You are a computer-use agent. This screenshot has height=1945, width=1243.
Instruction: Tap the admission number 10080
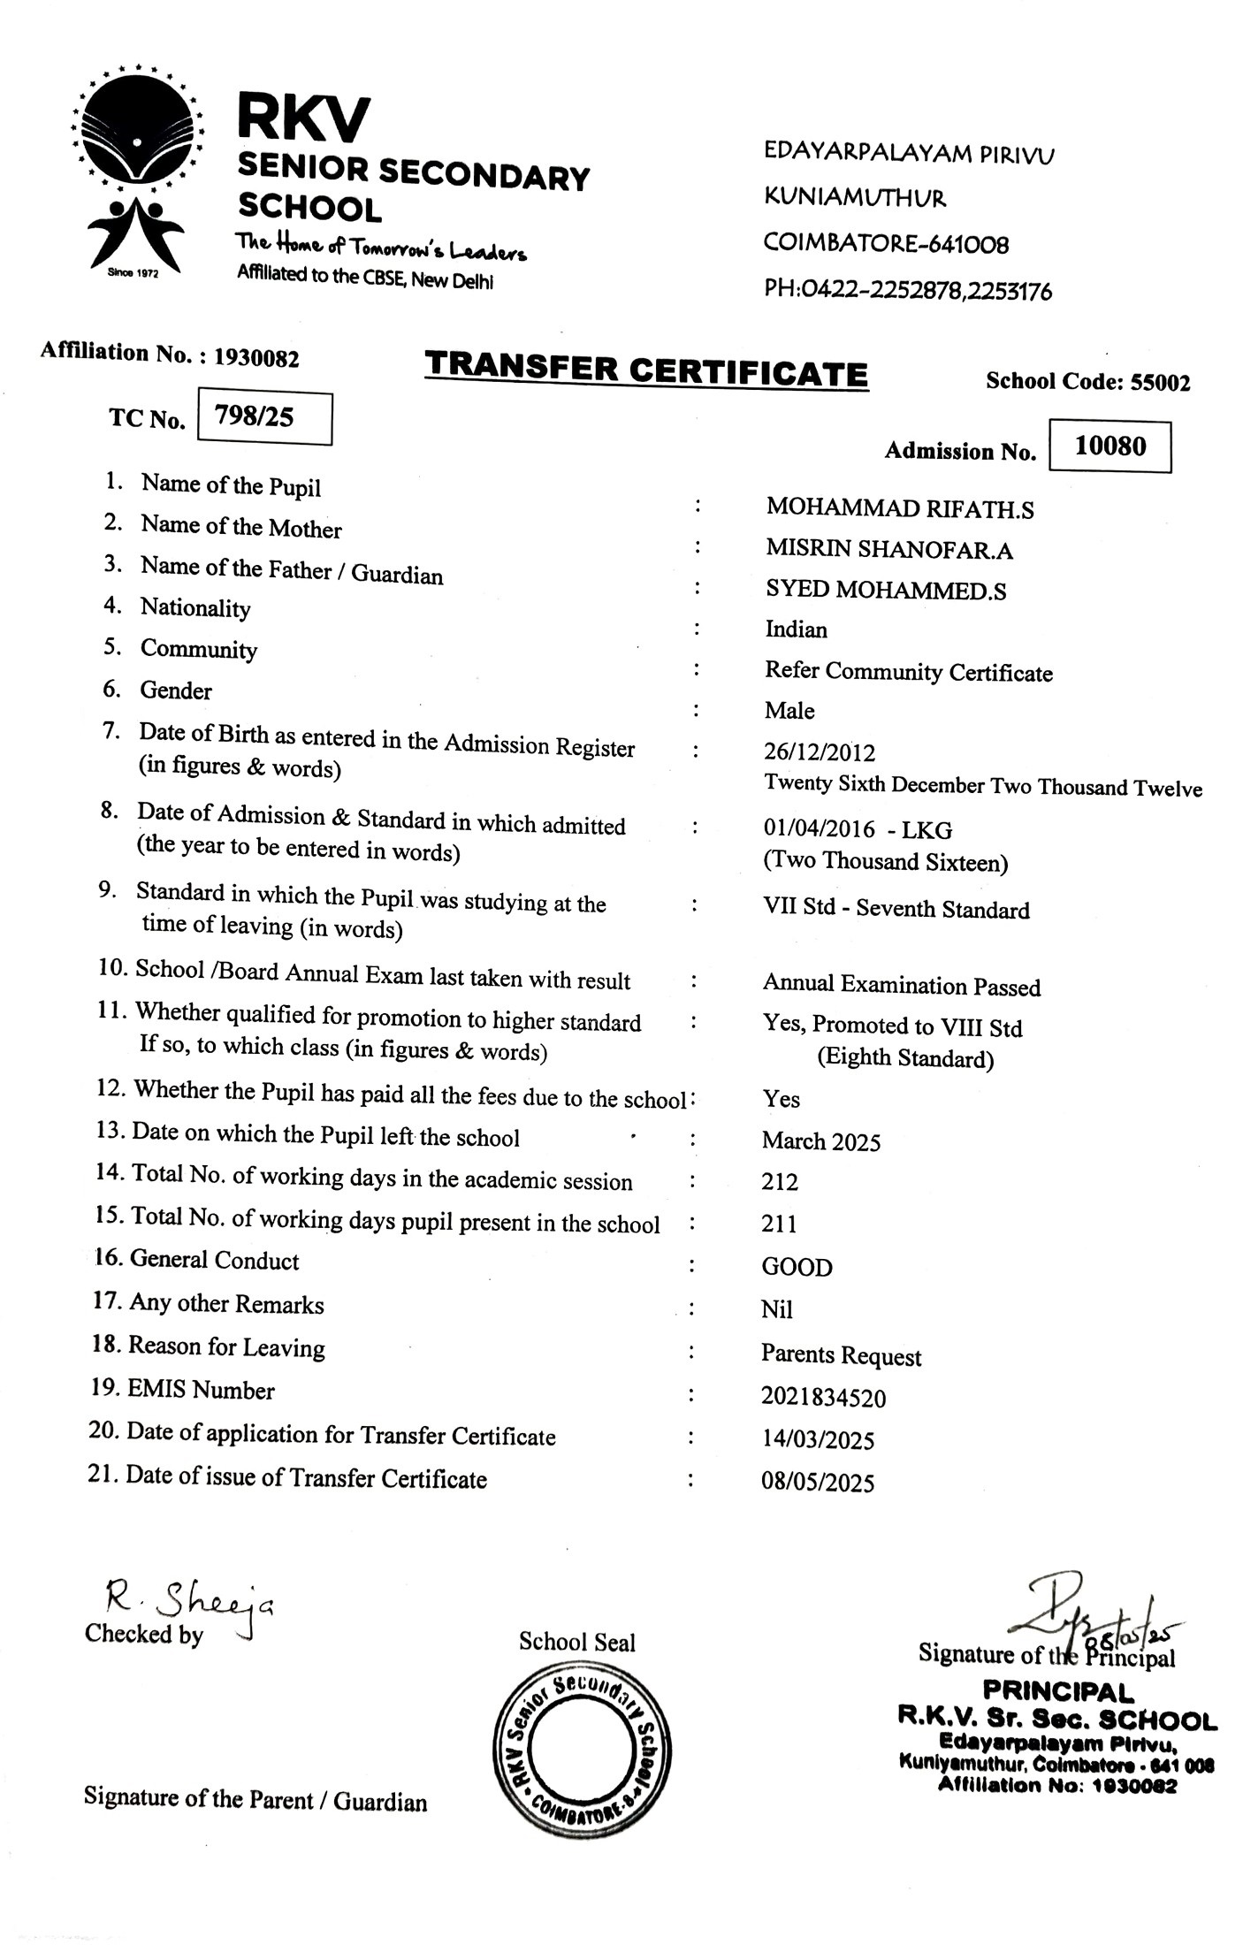point(1110,446)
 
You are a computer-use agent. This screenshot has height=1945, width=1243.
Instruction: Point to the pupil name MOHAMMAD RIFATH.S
point(899,508)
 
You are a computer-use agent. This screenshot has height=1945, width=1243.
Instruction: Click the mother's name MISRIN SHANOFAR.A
point(888,550)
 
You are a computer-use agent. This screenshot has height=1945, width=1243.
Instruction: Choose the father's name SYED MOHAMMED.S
point(885,591)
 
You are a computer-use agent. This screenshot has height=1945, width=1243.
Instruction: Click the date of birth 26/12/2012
point(820,752)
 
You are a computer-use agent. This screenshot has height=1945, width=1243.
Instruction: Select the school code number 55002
point(1162,383)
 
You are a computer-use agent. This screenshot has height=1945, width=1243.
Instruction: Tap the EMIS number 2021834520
point(823,1398)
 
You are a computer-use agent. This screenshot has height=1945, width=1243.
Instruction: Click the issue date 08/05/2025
point(818,1483)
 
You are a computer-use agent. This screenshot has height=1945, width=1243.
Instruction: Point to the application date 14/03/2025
point(818,1440)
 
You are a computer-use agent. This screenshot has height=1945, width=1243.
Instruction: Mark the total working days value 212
point(780,1182)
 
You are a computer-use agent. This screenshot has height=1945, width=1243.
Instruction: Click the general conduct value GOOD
point(797,1268)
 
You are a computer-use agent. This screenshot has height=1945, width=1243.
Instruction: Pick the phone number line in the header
point(908,290)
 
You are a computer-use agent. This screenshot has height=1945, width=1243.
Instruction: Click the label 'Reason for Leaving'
point(226,1347)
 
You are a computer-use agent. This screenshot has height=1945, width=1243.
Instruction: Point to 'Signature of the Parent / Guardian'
point(255,1799)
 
